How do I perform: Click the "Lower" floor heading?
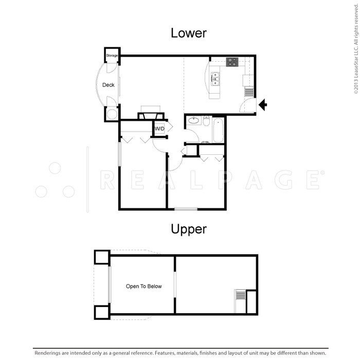point(188,33)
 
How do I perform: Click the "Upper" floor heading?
point(188,229)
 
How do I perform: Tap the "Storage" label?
point(112,56)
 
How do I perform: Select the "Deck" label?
point(108,85)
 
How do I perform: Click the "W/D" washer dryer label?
point(159,129)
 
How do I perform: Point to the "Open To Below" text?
point(144,286)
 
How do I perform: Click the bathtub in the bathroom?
point(218,130)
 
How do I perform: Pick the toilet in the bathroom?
point(206,122)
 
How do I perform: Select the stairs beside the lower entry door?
point(249,92)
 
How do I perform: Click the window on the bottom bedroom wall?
point(185,209)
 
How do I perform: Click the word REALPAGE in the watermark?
point(211,180)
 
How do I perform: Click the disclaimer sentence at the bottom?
point(180,353)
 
